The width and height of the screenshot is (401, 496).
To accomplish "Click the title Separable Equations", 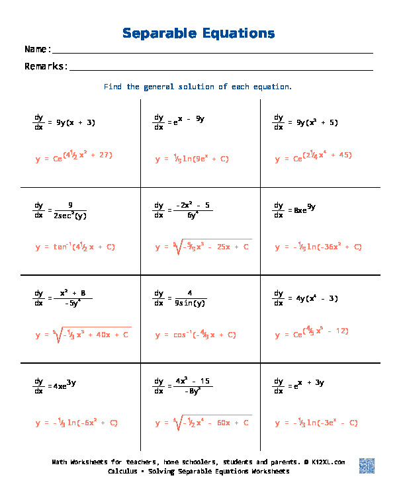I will [x=199, y=33].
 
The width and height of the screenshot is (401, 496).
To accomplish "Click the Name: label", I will [x=38, y=50].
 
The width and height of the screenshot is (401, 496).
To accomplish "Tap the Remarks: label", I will [x=46, y=66].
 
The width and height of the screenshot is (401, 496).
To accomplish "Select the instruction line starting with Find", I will [x=198, y=87].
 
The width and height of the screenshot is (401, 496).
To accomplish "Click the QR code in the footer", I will [x=367, y=466].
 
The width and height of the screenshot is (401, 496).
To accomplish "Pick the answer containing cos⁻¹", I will [x=196, y=335].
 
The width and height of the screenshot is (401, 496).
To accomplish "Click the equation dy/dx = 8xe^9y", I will [x=295, y=210].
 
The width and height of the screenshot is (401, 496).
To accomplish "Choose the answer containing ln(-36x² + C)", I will [x=318, y=247].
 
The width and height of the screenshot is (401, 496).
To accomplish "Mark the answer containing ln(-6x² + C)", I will [x=77, y=422].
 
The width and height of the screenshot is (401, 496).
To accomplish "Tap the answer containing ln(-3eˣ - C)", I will [x=316, y=422].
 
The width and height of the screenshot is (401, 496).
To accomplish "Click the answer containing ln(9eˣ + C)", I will [x=193, y=159].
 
